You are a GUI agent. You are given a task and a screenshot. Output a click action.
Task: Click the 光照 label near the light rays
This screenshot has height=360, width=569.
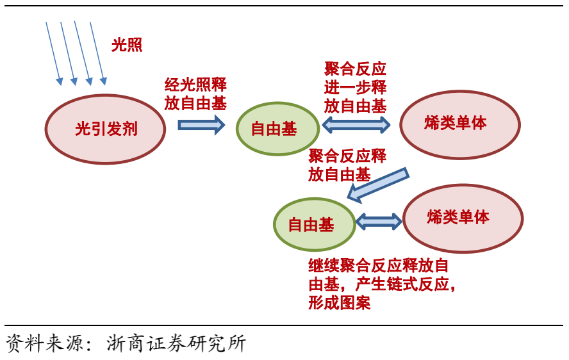[127, 45]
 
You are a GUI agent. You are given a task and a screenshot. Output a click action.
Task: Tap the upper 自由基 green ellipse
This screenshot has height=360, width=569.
[277, 129]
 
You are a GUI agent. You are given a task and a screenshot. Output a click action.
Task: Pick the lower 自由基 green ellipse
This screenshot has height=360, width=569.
[313, 225]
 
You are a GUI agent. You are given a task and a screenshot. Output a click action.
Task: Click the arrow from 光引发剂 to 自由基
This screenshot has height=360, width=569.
[201, 124]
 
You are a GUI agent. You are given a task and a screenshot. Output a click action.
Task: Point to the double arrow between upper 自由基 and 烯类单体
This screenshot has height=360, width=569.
[356, 125]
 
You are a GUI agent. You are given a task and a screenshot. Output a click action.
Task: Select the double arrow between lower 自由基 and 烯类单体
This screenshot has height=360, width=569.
[378, 222]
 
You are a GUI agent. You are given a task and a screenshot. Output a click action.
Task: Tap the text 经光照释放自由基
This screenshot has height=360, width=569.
[195, 94]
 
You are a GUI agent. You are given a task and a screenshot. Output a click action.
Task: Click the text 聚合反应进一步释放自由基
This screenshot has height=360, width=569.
[355, 88]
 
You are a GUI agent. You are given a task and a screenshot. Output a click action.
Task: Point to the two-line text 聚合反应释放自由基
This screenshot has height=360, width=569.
[347, 165]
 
